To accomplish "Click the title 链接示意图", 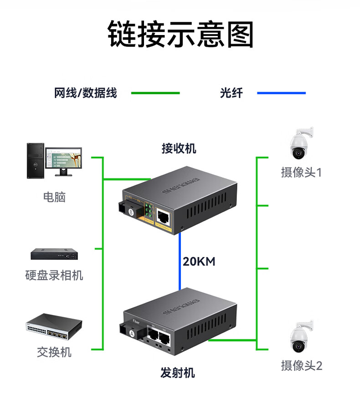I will click(180, 34).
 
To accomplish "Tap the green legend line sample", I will click(155, 93).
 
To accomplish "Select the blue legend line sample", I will click(281, 93).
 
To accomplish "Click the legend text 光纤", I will click(231, 93).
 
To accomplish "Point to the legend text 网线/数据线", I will click(86, 93).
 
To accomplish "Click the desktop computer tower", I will click(36, 161).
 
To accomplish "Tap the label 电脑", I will click(54, 197).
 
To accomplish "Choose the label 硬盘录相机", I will click(54, 275).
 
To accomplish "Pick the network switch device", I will click(54, 327).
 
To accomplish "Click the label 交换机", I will click(54, 352).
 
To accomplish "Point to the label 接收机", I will click(179, 148).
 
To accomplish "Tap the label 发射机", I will click(178, 373).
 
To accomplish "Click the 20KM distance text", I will click(199, 262).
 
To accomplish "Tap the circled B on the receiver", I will click(132, 212).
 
